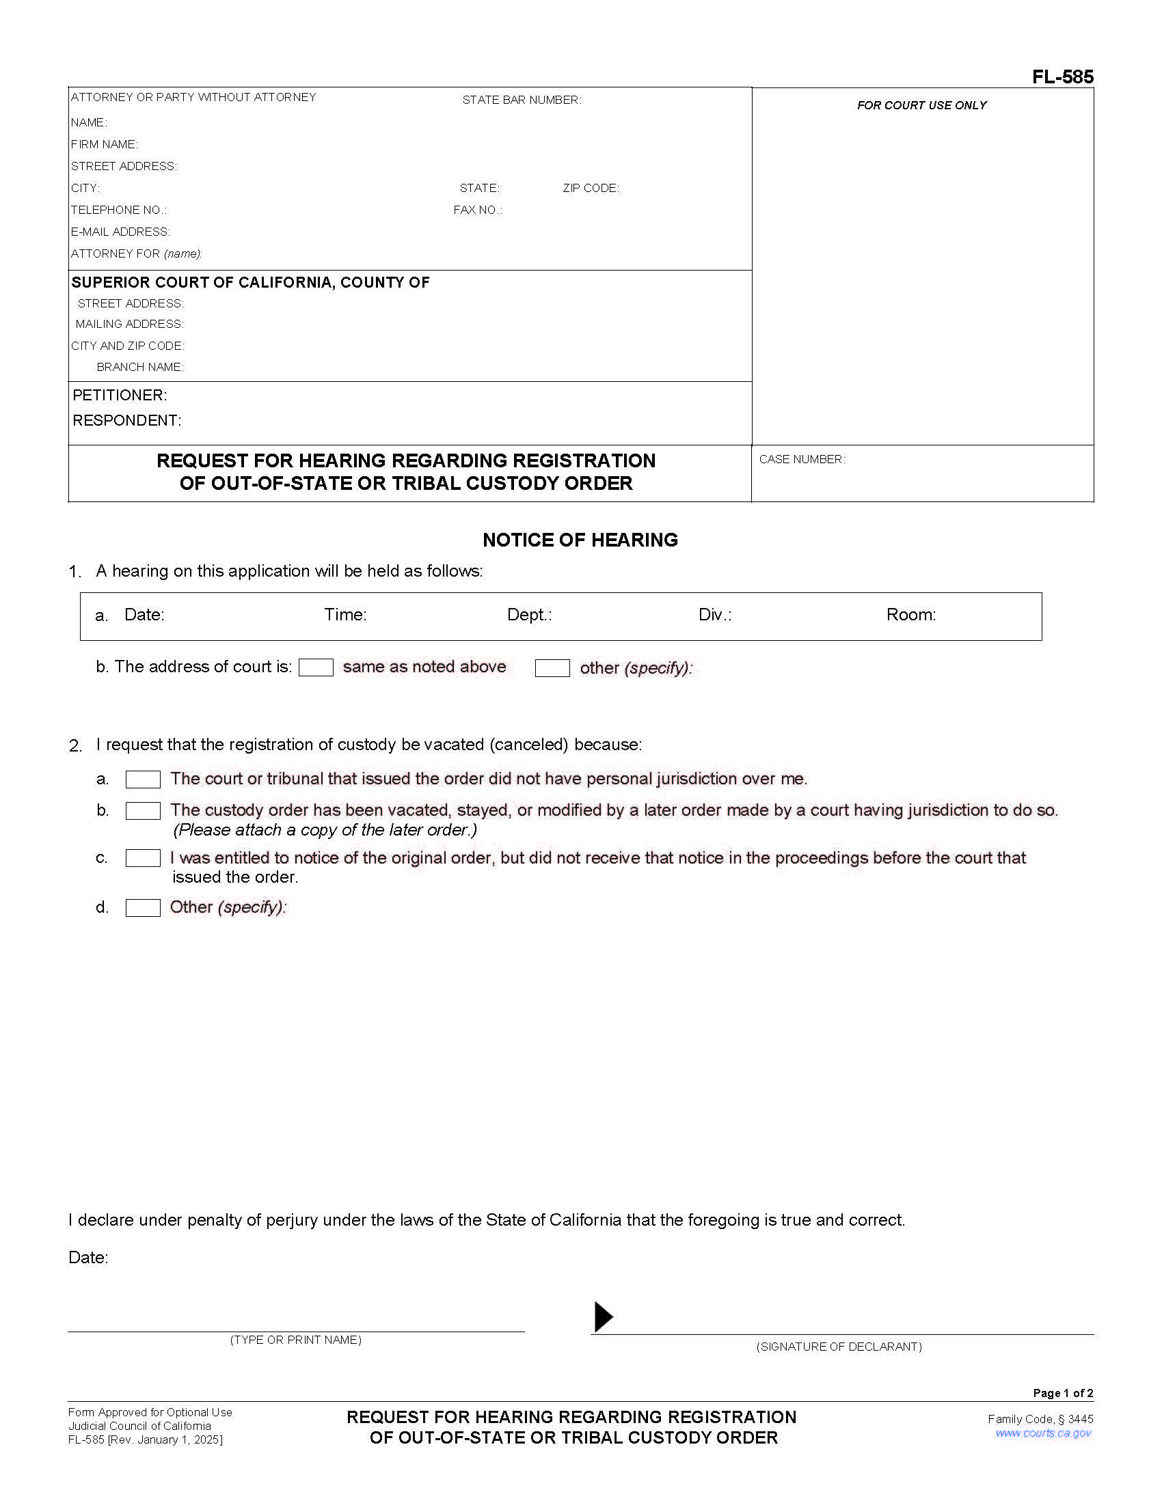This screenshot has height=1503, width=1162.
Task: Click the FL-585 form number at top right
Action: point(1062,77)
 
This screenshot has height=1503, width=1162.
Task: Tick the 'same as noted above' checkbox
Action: point(316,667)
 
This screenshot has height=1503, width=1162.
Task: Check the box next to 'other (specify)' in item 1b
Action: point(552,668)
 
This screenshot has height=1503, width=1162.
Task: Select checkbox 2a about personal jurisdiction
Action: point(143,780)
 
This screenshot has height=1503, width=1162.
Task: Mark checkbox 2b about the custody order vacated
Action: point(143,811)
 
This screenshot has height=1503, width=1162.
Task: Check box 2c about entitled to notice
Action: point(143,858)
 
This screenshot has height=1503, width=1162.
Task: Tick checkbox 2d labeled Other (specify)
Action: point(143,908)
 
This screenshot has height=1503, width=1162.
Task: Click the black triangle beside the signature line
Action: point(602,1316)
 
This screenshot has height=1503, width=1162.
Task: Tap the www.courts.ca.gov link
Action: point(1043,1433)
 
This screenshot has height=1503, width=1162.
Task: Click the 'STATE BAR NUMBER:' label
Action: point(522,100)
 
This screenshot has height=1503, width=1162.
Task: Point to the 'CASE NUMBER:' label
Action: point(802,459)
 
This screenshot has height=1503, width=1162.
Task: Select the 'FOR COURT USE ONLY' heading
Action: point(922,105)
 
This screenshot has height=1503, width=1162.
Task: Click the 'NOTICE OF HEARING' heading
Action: point(580,540)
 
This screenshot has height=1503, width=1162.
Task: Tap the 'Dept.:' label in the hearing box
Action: point(529,615)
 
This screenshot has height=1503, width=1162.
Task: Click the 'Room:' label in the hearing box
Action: point(910,615)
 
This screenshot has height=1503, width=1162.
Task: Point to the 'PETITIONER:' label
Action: point(120,395)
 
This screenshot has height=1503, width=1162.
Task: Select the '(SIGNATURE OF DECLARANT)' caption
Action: point(839,1347)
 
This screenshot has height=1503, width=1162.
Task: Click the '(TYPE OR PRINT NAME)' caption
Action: point(296,1340)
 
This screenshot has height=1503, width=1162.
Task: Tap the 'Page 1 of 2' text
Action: point(1062,1393)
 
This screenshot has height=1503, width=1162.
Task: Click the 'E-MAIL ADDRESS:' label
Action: point(120,232)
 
